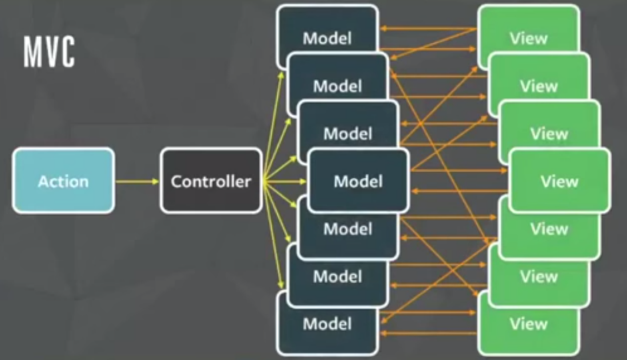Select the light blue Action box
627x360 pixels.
click(x=63, y=181)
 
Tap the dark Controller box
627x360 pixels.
click(x=211, y=181)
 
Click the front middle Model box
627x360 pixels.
click(x=358, y=181)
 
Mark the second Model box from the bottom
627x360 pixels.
click(x=337, y=280)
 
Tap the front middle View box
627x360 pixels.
click(x=559, y=181)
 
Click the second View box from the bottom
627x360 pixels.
click(x=539, y=280)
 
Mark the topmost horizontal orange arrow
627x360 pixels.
click(x=428, y=28)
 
